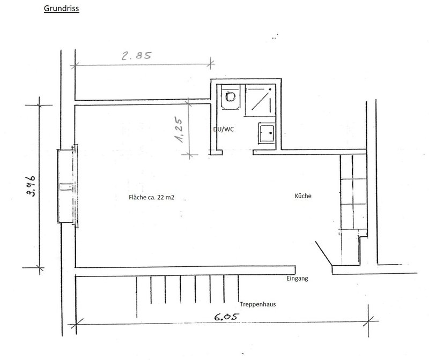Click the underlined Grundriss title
(x=61, y=9)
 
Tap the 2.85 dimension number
(x=136, y=56)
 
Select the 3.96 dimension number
(x=31, y=186)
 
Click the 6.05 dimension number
(x=226, y=317)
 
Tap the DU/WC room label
(x=224, y=129)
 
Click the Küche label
(x=303, y=196)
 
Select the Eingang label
(x=297, y=279)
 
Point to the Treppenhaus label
(x=258, y=304)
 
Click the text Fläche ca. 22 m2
(x=151, y=197)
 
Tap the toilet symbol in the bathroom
(x=231, y=97)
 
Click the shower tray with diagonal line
(x=260, y=100)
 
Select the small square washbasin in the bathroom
(x=267, y=133)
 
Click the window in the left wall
(x=68, y=186)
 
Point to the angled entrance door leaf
(x=324, y=253)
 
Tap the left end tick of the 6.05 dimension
(x=76, y=325)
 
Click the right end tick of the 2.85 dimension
(x=210, y=64)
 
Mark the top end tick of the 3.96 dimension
(x=39, y=104)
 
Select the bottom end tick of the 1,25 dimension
(x=189, y=155)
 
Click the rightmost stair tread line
(x=238, y=288)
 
